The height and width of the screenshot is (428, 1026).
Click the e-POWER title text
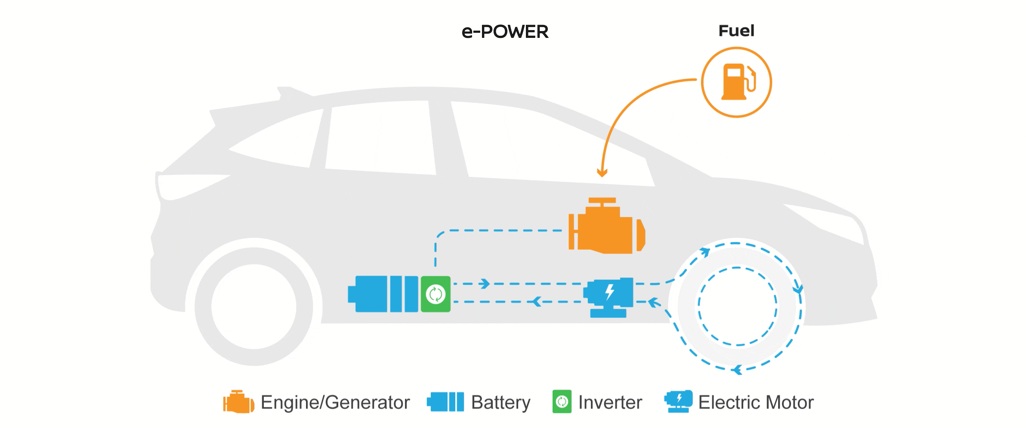click(x=505, y=32)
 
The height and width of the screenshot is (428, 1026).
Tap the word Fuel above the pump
click(x=736, y=31)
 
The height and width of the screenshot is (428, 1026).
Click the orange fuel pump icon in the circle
click(x=736, y=82)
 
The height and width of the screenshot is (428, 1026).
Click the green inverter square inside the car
click(x=436, y=294)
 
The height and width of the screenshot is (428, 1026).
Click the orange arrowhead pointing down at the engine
click(x=602, y=173)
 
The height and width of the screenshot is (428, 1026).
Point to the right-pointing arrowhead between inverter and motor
click(x=485, y=284)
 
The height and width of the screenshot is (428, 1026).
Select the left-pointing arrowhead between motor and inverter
click(x=537, y=301)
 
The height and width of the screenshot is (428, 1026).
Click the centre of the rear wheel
click(x=254, y=307)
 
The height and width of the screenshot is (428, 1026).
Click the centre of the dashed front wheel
click(x=738, y=306)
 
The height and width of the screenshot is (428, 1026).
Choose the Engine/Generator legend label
click(x=335, y=403)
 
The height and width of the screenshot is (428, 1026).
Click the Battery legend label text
click(x=501, y=403)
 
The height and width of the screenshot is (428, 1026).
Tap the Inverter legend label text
click(x=610, y=403)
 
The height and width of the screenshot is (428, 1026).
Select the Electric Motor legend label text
click(x=756, y=403)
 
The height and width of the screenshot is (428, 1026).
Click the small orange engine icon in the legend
click(x=238, y=402)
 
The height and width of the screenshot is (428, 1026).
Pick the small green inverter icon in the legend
click(x=562, y=402)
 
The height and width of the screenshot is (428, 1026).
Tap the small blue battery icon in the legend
click(x=445, y=402)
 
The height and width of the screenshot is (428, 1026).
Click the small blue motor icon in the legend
click(x=679, y=401)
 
